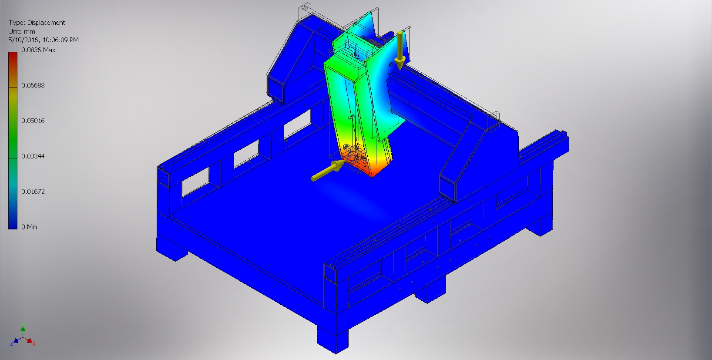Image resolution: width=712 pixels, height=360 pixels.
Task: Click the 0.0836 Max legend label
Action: [x=38, y=50]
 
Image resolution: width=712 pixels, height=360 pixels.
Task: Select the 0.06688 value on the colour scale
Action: [x=33, y=85]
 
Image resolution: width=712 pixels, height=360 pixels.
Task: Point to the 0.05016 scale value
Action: [x=33, y=121]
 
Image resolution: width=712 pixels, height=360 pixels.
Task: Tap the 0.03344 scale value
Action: [x=33, y=156]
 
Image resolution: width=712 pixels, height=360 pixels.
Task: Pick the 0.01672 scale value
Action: [x=33, y=192]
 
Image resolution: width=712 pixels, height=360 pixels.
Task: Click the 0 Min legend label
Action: [x=29, y=227]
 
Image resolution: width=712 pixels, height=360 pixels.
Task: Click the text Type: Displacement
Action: [x=37, y=23]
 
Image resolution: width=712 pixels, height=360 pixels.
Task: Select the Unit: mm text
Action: [x=22, y=31]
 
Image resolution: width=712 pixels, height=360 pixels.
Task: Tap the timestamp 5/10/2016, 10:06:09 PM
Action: [x=44, y=40]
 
